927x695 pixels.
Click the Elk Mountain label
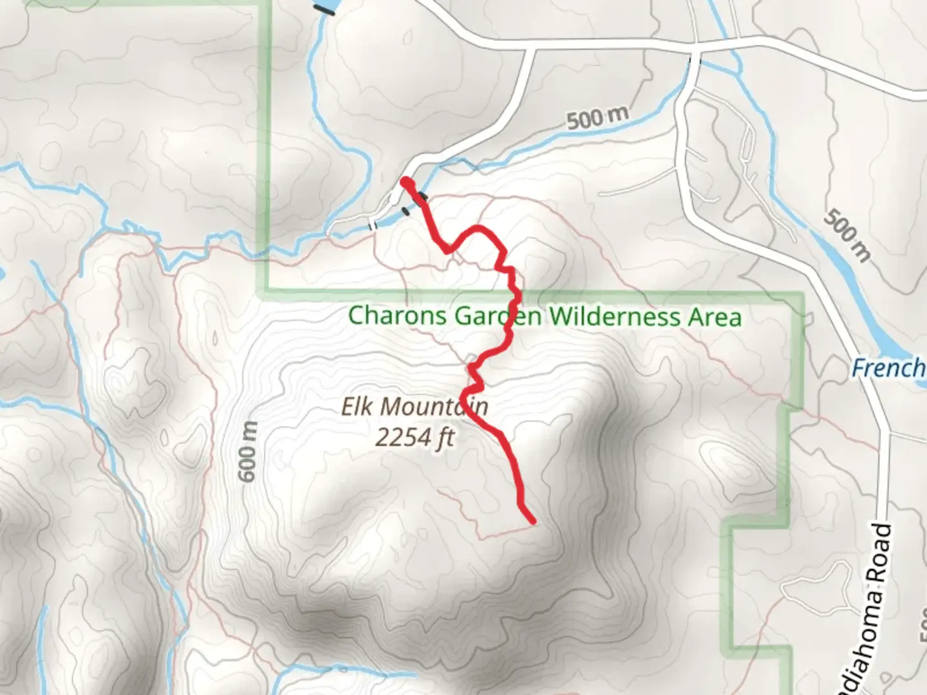tap(414, 407)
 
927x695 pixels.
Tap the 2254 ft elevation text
tap(415, 438)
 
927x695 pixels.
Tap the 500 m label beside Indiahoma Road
tap(847, 235)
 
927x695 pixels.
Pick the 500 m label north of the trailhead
tap(597, 118)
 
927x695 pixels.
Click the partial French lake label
tap(888, 368)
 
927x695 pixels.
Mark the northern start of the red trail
tap(405, 182)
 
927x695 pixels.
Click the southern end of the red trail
tap(532, 521)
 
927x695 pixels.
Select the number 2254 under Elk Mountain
tap(402, 438)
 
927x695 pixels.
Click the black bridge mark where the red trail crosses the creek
tap(421, 198)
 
